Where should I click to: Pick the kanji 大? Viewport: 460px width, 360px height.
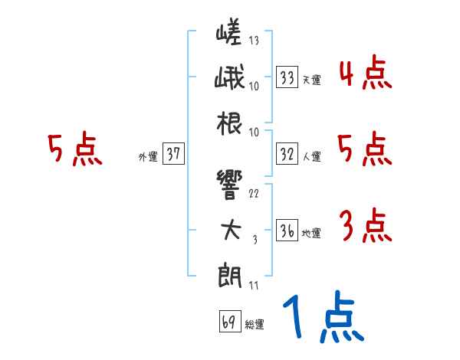click(228, 230)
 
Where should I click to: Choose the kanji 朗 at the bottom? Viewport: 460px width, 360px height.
click(228, 273)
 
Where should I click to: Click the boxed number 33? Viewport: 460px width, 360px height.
click(287, 77)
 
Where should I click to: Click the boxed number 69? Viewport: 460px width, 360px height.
click(228, 322)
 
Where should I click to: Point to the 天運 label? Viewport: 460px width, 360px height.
click(312, 79)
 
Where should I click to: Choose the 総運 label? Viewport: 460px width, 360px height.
click(254, 324)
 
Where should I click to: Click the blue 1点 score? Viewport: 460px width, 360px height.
click(321, 318)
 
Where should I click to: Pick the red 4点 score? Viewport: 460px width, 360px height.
click(365, 75)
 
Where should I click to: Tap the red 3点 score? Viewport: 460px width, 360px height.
click(365, 227)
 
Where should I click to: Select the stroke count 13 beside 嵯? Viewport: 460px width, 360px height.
click(254, 41)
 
